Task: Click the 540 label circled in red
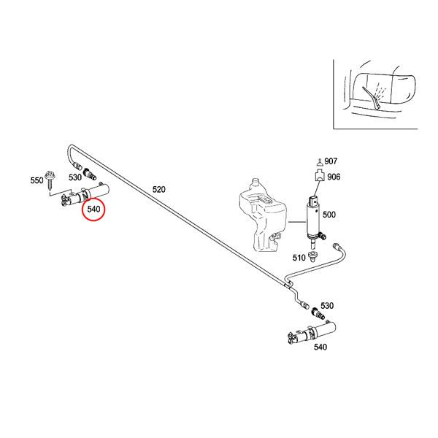point(93,209)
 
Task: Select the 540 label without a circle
point(320,347)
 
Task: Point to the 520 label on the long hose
point(158,189)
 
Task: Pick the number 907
point(331,161)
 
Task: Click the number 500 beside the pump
point(328,215)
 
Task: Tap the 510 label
point(299,257)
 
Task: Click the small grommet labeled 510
point(313,256)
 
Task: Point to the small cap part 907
point(318,161)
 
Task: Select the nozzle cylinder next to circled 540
point(86,195)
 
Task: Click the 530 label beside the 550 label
point(75,177)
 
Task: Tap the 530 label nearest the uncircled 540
point(327,305)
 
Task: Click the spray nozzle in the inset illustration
point(377,99)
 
